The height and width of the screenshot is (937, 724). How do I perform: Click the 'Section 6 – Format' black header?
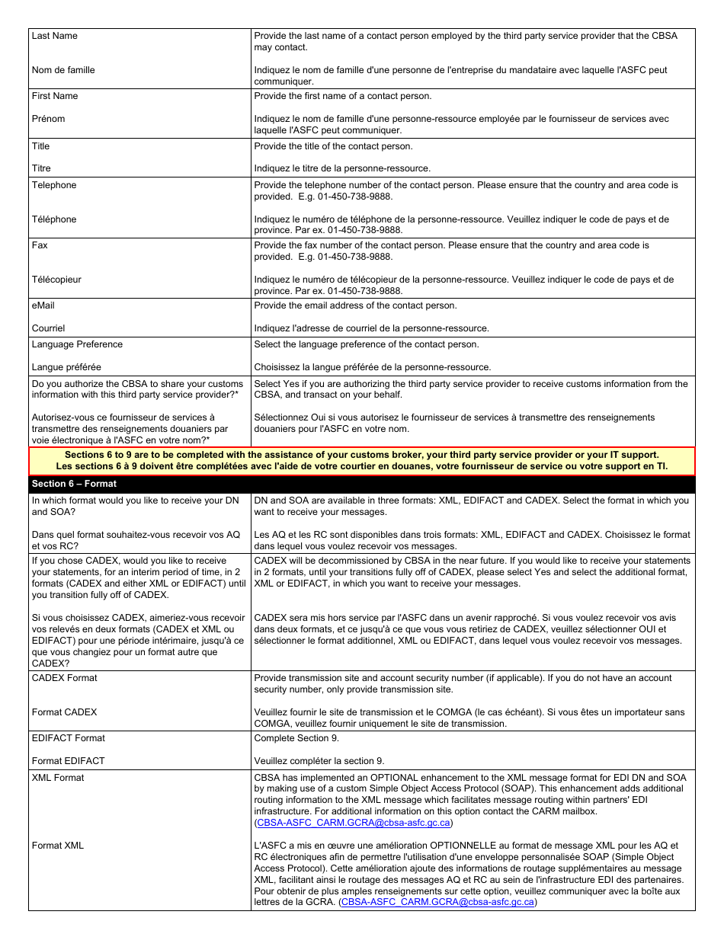pyautogui.click(x=74, y=484)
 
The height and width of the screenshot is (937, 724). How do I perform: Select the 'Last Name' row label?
pyautogui.click(x=54, y=36)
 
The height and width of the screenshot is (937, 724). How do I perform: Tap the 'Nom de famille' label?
pyautogui.click(x=63, y=70)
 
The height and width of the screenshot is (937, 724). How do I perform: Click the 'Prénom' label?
pyautogui.click(x=48, y=119)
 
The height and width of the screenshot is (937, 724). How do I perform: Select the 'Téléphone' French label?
pyautogui.click(x=54, y=219)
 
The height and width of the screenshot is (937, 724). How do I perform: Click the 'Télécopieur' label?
pyautogui.click(x=56, y=280)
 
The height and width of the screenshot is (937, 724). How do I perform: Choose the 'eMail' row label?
pyautogui.click(x=43, y=305)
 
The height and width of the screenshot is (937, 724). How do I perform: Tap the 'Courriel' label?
pyautogui.click(x=48, y=328)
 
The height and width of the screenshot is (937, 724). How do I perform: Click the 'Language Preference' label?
pyautogui.click(x=77, y=344)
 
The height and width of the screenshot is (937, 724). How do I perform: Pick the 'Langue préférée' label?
pyautogui.click(x=66, y=367)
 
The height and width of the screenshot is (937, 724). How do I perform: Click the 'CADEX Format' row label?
pyautogui.click(x=65, y=678)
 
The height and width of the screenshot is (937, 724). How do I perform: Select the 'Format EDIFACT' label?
pyautogui.click(x=69, y=761)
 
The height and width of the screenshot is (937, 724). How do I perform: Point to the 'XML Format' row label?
pyautogui.click(x=58, y=778)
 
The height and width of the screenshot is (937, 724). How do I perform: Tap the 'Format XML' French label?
pyautogui.click(x=58, y=846)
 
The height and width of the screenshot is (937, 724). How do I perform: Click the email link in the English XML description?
pyautogui.click(x=354, y=823)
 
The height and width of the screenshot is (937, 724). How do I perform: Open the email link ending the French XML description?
pyautogui.click(x=439, y=902)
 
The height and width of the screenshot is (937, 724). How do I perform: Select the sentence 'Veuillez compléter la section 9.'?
pyautogui.click(x=319, y=761)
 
